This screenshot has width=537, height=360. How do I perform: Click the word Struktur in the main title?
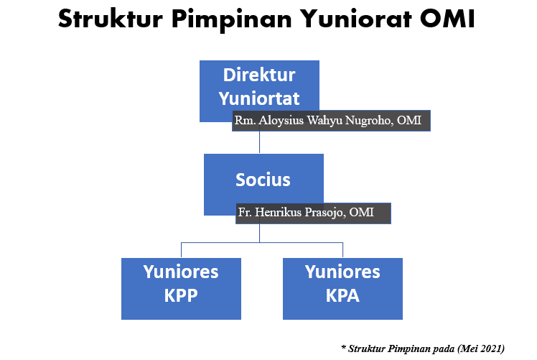pyautogui.click(x=111, y=19)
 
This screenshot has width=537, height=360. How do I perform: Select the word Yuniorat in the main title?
pyautogui.click(x=356, y=19)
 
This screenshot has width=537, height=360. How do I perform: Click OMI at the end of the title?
pyautogui.click(x=447, y=19)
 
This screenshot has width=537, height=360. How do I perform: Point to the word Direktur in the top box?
pyautogui.click(x=259, y=75)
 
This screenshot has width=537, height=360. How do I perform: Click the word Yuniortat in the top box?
pyautogui.click(x=259, y=98)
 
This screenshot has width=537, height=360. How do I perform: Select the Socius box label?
pyautogui.click(x=263, y=180)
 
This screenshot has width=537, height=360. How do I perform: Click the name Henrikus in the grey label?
pyautogui.click(x=278, y=212)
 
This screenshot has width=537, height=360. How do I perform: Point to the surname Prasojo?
pyautogui.click(x=324, y=213)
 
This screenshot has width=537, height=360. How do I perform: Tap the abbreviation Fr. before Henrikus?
pyautogui.click(x=245, y=212)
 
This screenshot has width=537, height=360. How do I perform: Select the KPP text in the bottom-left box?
pyautogui.click(x=181, y=295)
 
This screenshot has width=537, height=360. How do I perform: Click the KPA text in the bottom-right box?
pyautogui.click(x=342, y=295)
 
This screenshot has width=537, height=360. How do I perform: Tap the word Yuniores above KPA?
pyautogui.click(x=342, y=272)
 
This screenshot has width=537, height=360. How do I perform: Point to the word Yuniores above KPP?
pyautogui.click(x=181, y=272)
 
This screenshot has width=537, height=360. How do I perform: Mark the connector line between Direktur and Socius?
pyautogui.click(x=259, y=142)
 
